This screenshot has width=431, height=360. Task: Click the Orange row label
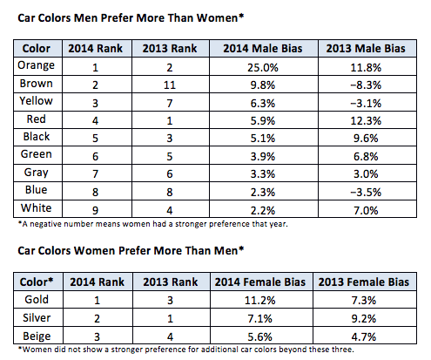pyautogui.click(x=36, y=65)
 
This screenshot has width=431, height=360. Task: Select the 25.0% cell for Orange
pyautogui.click(x=263, y=68)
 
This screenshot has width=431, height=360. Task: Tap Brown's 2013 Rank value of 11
pyautogui.click(x=170, y=85)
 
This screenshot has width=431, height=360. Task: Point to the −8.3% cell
pyautogui.click(x=366, y=85)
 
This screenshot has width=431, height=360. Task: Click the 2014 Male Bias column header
pyautogui.click(x=263, y=48)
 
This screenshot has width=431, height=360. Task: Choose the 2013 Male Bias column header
pyautogui.click(x=366, y=48)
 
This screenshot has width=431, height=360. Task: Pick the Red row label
pyautogui.click(x=36, y=119)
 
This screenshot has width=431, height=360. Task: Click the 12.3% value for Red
pyautogui.click(x=366, y=120)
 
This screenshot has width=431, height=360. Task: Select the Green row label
pyautogui.click(x=36, y=154)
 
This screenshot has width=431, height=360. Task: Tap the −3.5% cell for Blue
pyautogui.click(x=366, y=192)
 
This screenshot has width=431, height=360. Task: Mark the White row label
pyautogui.click(x=36, y=208)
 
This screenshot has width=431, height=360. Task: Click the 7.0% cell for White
pyautogui.click(x=366, y=210)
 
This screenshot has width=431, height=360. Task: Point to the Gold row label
pyautogui.click(x=37, y=299)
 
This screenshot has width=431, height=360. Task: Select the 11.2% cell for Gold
pyautogui.click(x=259, y=300)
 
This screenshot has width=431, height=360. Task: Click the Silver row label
pyautogui.click(x=37, y=318)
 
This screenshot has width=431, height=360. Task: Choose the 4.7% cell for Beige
pyautogui.click(x=364, y=337)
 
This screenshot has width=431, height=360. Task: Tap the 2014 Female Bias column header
pyautogui.click(x=260, y=282)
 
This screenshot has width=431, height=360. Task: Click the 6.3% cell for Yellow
pyautogui.click(x=263, y=103)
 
